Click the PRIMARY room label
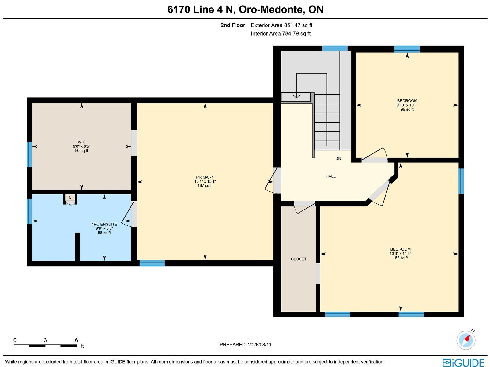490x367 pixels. (x=205, y=177)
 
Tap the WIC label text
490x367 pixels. (x=81, y=142)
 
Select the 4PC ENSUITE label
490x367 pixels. (x=104, y=224)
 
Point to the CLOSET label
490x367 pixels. (x=299, y=259)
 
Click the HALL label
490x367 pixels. (x=331, y=176)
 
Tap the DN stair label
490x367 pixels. (x=338, y=158)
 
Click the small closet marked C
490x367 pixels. (x=70, y=197)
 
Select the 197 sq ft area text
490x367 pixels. (x=205, y=186)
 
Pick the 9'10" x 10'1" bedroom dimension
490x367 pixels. (x=407, y=105)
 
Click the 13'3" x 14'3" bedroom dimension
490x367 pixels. (x=400, y=253)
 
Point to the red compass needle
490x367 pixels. (x=467, y=339)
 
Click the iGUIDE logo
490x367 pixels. (x=463, y=362)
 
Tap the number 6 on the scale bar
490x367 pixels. (x=76, y=340)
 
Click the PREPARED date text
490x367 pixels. (x=245, y=344)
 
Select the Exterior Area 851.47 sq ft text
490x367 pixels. (x=281, y=25)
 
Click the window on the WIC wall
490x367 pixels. (x=29, y=154)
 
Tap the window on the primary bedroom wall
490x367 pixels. (x=152, y=263)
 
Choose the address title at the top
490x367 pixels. (x=245, y=9)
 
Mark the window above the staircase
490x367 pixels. (x=335, y=48)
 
